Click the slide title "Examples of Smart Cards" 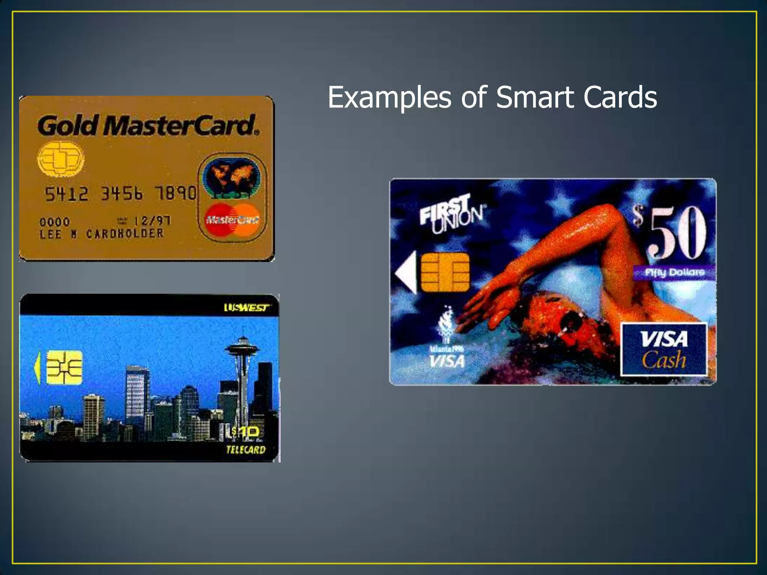492,97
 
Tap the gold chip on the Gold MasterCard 61,159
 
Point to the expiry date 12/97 152,221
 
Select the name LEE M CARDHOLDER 101,234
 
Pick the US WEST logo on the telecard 246,308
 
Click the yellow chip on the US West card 64,368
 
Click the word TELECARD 246,450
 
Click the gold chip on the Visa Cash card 445,272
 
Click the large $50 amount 670,233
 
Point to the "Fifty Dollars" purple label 674,272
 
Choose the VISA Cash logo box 664,349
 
